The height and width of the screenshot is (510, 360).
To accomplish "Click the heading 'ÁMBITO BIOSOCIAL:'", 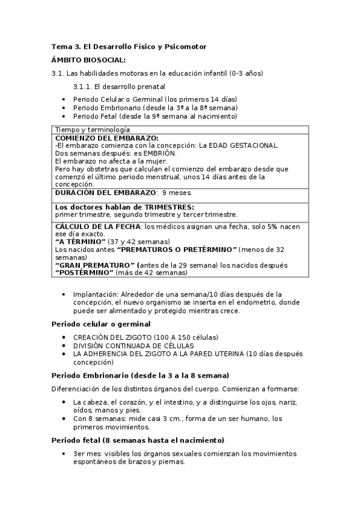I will [88, 60].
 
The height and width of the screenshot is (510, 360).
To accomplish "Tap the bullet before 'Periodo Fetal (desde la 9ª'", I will [64, 116].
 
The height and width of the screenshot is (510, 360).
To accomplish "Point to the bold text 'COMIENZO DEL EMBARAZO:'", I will [106, 138].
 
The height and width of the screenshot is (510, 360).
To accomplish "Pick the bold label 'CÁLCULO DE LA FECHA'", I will [97, 226].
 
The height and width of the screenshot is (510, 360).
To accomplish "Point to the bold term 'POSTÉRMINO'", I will [85, 272].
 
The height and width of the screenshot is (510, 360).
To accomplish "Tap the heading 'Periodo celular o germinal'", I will [100, 324].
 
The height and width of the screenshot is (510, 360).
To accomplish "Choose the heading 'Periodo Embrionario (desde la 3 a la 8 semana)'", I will [140, 375].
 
